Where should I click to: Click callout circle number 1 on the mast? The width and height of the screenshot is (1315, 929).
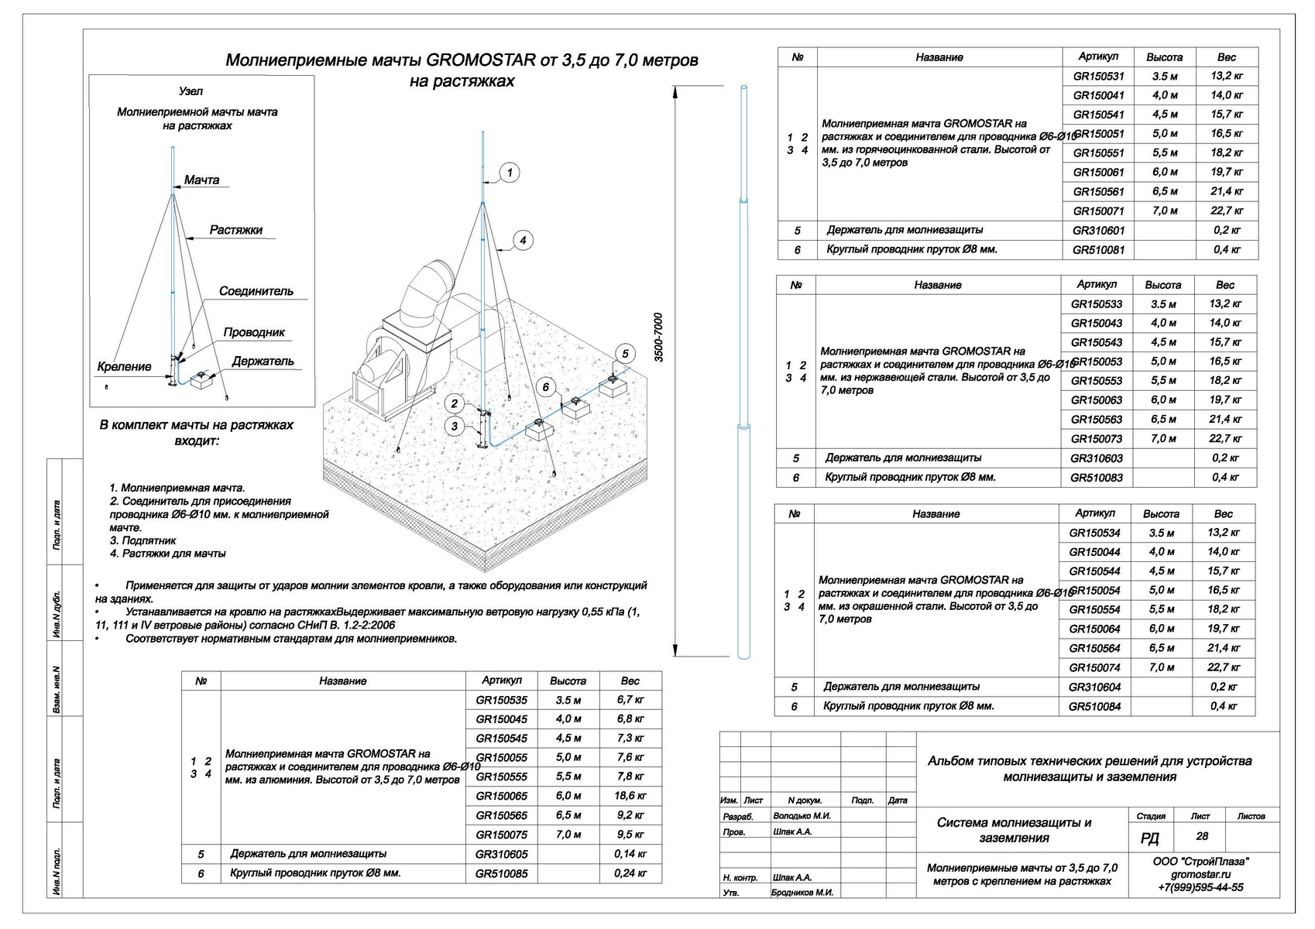509,173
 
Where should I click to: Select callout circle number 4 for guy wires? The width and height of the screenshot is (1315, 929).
523,241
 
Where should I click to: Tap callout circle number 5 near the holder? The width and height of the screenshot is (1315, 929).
625,354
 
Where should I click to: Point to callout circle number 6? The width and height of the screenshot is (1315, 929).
546,387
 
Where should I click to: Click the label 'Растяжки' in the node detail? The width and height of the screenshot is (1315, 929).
236,230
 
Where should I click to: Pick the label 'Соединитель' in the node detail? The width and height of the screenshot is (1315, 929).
256,292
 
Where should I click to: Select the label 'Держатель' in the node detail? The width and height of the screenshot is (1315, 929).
263,362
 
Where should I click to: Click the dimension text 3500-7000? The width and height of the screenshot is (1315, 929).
659,338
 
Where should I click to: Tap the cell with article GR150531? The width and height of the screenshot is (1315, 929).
1098,77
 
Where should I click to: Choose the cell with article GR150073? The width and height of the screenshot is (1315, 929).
1096,439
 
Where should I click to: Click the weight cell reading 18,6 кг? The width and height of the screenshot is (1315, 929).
630,796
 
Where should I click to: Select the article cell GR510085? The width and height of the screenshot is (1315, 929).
501,873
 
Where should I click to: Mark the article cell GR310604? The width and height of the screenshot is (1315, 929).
1094,687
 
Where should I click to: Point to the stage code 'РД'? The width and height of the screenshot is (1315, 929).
1150,838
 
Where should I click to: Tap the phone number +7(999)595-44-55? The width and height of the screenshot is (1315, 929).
1200,888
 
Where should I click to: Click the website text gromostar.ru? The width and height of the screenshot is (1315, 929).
1200,875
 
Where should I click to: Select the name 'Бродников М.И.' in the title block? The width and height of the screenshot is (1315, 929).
802,893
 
